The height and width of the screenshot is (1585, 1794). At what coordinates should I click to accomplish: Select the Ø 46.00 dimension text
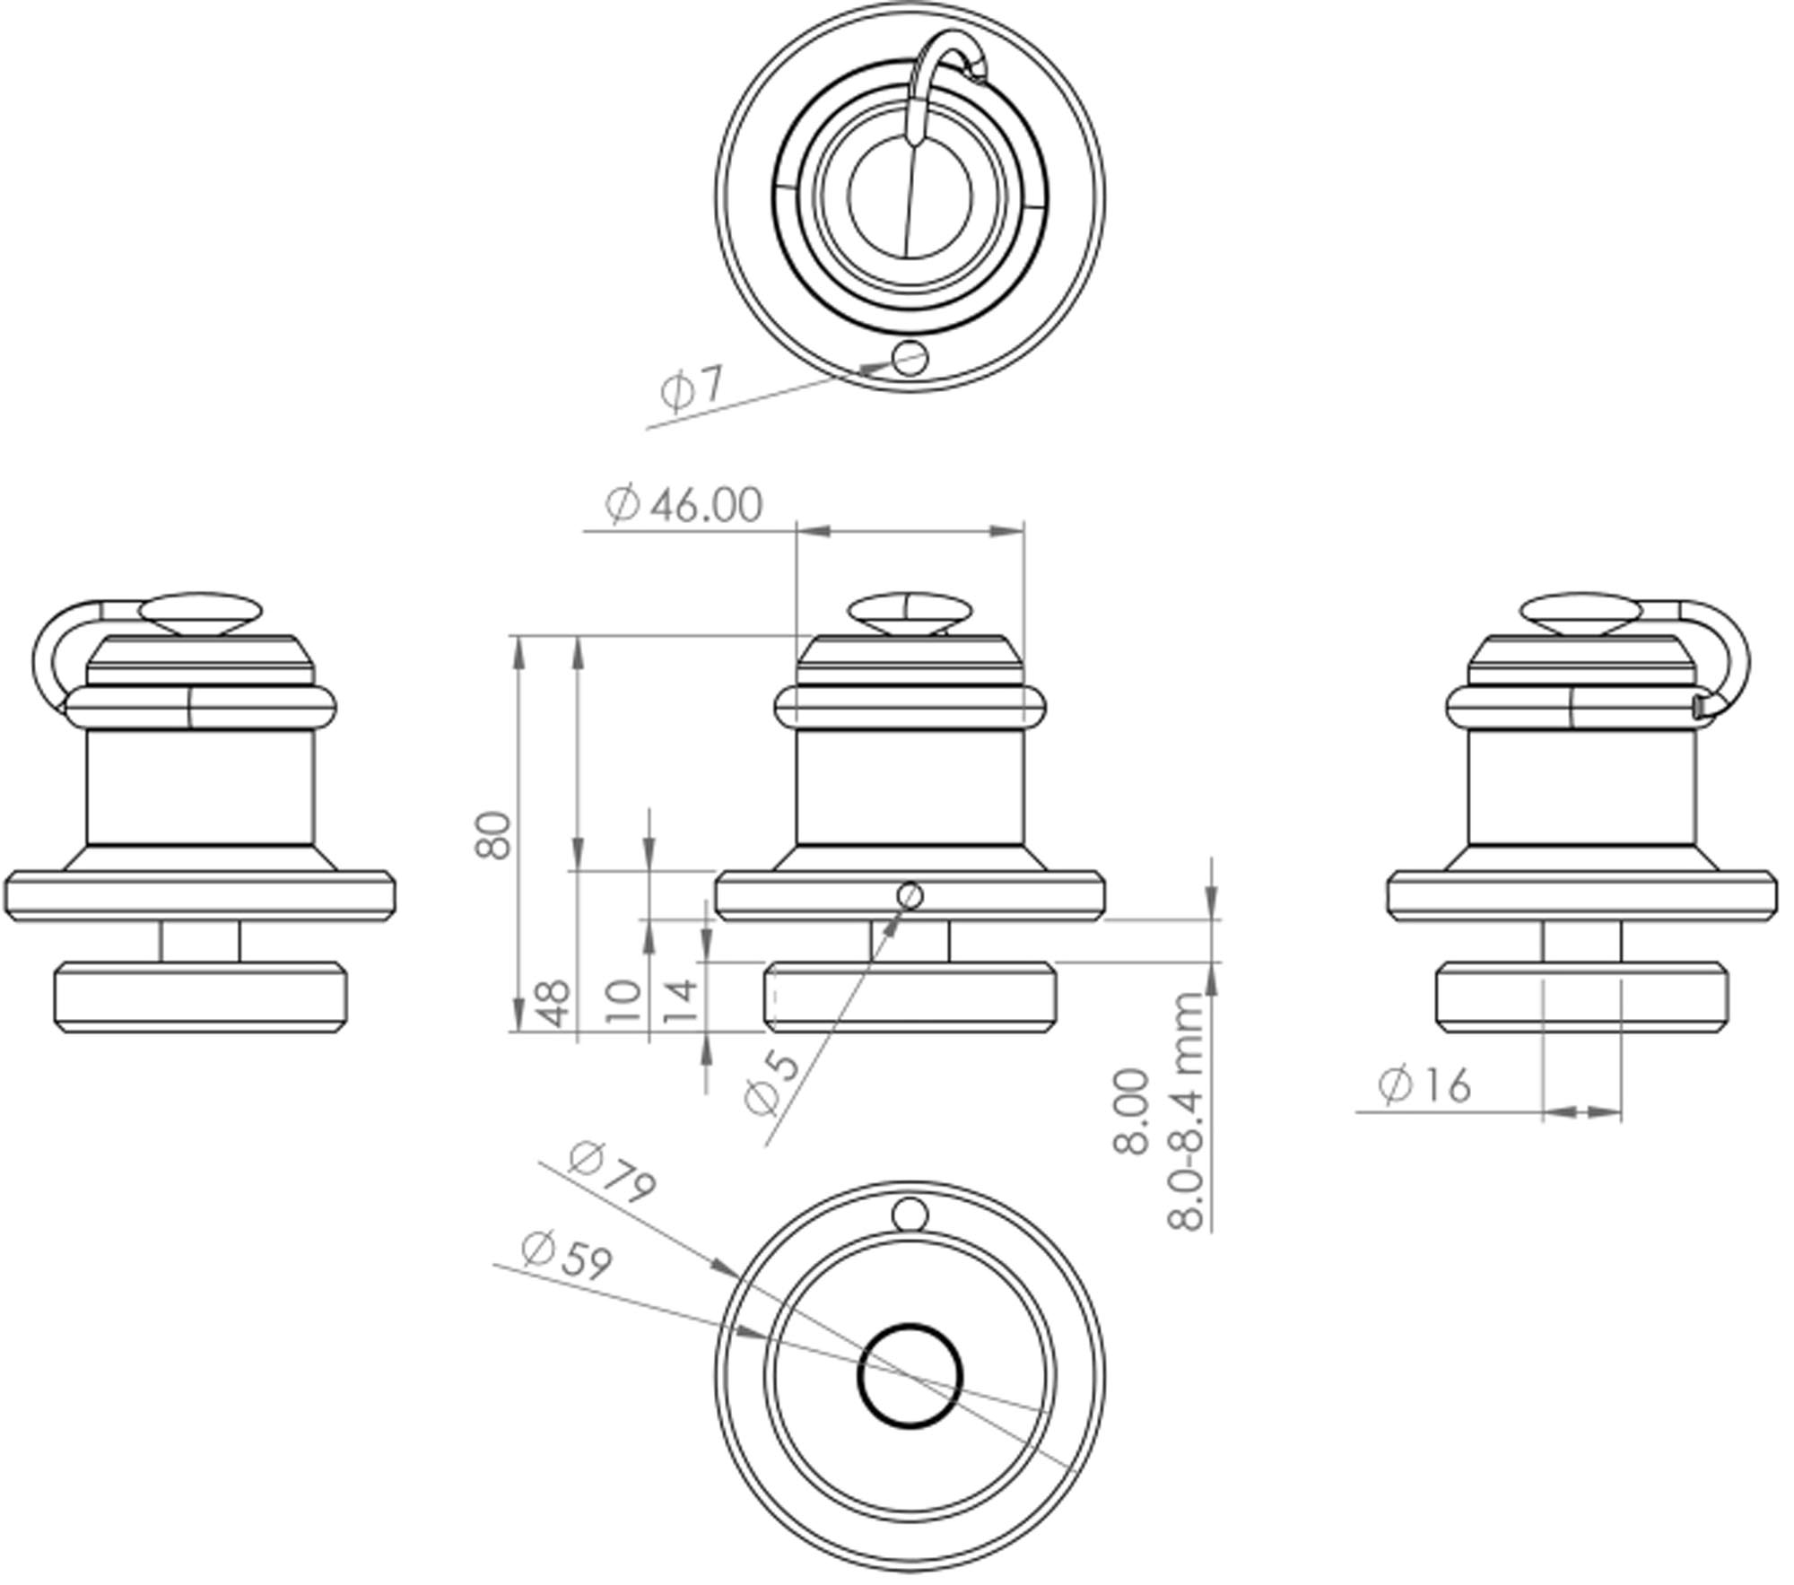click(x=684, y=504)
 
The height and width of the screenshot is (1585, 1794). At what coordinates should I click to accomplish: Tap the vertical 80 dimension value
click(x=493, y=835)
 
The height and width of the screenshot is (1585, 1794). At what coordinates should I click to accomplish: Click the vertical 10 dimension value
click(x=624, y=1002)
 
